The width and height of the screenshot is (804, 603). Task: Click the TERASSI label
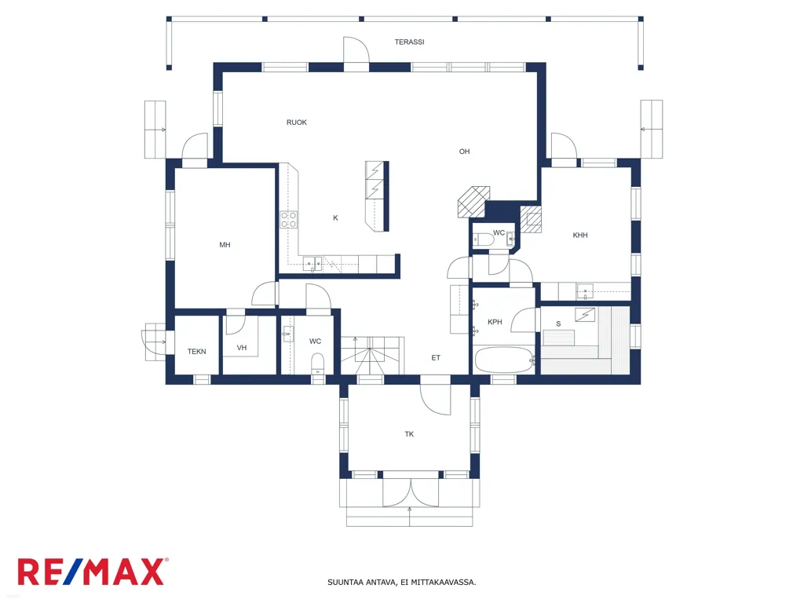click(409, 42)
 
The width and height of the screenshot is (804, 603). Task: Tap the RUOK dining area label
click(296, 122)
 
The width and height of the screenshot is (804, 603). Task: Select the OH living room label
click(464, 152)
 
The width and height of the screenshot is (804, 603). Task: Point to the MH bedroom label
click(225, 245)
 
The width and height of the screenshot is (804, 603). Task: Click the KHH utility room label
click(580, 236)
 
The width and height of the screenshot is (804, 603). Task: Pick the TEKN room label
click(196, 352)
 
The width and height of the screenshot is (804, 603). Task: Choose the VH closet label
click(242, 348)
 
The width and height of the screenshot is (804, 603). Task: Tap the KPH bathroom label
click(495, 322)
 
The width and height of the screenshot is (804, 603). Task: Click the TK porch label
click(409, 434)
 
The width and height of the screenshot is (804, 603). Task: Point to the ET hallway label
click(436, 358)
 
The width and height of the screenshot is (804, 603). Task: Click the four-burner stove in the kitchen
click(289, 220)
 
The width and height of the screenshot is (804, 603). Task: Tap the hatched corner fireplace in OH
click(473, 202)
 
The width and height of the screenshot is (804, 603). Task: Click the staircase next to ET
click(373, 356)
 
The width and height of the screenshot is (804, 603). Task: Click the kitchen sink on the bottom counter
click(312, 264)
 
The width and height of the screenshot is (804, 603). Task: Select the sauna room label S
click(558, 324)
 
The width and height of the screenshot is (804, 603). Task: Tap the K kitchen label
click(335, 218)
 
